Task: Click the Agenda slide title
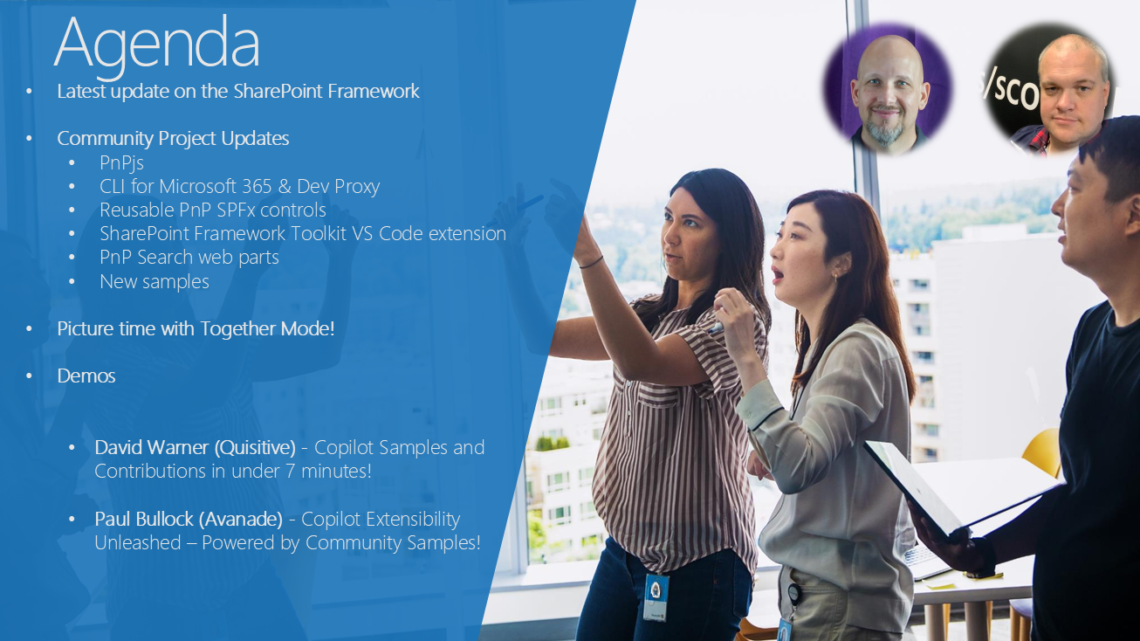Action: (x=157, y=45)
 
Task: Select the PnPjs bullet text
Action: (x=121, y=163)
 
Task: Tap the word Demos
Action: (x=86, y=376)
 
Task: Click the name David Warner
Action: (x=152, y=447)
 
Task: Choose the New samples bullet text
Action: (x=155, y=281)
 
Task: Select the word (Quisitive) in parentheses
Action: (x=255, y=447)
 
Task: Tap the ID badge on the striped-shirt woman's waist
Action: (x=656, y=597)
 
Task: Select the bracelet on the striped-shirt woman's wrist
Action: (x=591, y=262)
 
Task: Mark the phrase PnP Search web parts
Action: (x=189, y=258)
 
